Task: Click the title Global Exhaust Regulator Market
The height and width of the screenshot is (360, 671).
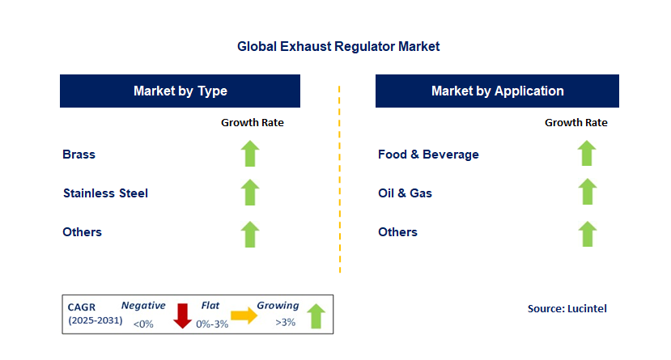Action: [x=338, y=47]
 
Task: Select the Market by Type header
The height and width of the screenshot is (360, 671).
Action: [x=180, y=91]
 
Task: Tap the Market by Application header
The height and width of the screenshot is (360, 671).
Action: [x=497, y=91]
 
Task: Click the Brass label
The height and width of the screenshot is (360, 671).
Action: [x=79, y=154]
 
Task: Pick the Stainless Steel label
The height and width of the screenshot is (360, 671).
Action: [x=105, y=193]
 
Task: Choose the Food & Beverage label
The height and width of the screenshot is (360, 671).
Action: [x=428, y=154]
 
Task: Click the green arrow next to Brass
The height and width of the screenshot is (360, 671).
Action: [x=250, y=154]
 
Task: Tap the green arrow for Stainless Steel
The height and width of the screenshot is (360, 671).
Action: [x=250, y=193]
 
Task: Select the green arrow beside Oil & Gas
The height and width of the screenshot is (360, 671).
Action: [x=587, y=193]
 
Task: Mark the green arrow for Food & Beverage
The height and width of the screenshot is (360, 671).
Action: [x=587, y=154]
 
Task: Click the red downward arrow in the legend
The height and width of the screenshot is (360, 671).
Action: [x=183, y=315]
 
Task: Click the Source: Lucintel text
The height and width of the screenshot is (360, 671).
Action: [x=567, y=308]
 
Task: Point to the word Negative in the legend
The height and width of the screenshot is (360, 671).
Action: [x=143, y=306]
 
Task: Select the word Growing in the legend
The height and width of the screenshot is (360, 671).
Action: [x=278, y=306]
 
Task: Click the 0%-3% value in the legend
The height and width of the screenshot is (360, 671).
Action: [x=210, y=324]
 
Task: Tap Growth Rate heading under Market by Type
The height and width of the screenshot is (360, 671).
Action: [x=253, y=123]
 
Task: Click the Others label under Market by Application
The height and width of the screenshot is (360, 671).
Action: [x=397, y=232]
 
